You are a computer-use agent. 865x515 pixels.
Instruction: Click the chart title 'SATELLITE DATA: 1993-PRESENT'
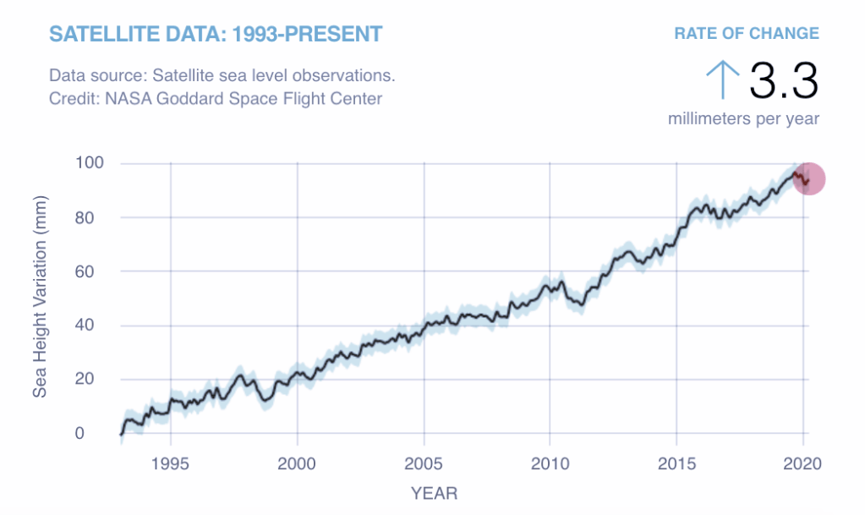216,35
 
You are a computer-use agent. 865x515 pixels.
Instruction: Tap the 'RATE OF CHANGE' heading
746,34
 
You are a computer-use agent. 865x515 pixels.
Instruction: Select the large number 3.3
784,81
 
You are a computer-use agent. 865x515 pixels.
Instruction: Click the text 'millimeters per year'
743,118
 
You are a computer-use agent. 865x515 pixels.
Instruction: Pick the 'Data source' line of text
222,75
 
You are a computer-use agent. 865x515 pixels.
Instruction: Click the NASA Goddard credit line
216,99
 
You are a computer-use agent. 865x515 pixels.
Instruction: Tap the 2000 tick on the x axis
297,464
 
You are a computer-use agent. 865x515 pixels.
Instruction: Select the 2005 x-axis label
424,464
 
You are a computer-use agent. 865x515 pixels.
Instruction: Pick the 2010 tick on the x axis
550,464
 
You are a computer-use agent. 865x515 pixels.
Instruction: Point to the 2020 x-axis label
802,464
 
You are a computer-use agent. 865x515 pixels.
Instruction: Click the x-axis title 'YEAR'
435,492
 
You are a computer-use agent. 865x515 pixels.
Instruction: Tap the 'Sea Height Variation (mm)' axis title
41,297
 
